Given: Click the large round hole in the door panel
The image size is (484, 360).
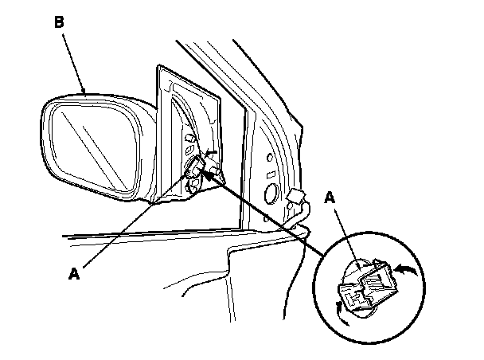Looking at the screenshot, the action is [269, 192].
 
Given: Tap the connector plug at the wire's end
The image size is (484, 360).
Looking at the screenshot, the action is [295, 197].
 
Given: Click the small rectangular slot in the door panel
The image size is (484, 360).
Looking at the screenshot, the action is [271, 173].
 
